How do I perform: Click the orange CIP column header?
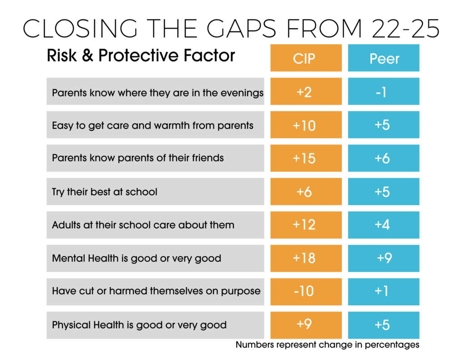306,58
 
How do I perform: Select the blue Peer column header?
384,58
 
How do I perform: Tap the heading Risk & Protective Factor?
141,56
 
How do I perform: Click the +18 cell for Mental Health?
306,258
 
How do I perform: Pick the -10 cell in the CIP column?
306,291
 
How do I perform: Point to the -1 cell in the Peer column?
384,91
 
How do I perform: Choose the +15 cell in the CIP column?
306,158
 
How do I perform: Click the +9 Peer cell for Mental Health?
384,258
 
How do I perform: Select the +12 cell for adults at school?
306,225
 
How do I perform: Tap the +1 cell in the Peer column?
384,291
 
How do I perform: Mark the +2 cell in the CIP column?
306,91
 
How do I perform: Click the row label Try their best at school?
105,192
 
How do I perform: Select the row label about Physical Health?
139,325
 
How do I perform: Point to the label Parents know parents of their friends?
138,158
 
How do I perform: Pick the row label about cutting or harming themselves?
156,291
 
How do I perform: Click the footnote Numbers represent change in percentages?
327,345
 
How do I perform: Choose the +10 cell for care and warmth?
306,125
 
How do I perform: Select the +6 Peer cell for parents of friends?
384,158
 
